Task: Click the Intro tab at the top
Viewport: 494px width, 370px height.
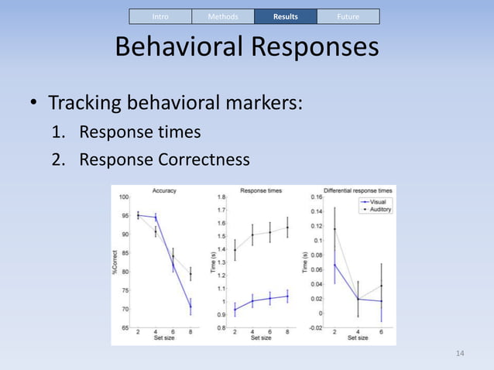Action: pyautogui.click(x=160, y=16)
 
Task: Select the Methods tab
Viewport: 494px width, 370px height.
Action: pyautogui.click(x=223, y=16)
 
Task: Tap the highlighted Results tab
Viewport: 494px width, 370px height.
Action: pyautogui.click(x=286, y=16)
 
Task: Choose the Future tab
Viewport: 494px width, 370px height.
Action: pyautogui.click(x=348, y=16)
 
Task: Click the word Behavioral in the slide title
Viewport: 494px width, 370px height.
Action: pyautogui.click(x=179, y=48)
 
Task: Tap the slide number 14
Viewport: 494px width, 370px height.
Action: pyautogui.click(x=460, y=354)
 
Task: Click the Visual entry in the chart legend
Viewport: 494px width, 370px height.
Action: pyautogui.click(x=378, y=201)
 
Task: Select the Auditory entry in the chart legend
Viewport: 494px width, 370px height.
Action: pyautogui.click(x=379, y=209)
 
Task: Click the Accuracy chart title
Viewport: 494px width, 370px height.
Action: pyautogui.click(x=164, y=190)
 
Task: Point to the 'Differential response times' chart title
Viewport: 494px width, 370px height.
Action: pyautogui.click(x=358, y=190)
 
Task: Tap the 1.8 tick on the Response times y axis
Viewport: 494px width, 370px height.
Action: pyautogui.click(x=221, y=197)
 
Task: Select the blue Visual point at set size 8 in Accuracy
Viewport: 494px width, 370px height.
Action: pyautogui.click(x=190, y=307)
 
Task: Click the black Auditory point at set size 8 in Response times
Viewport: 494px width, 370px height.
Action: pyautogui.click(x=287, y=227)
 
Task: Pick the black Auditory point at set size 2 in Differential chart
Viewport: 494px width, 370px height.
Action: pyautogui.click(x=334, y=229)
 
